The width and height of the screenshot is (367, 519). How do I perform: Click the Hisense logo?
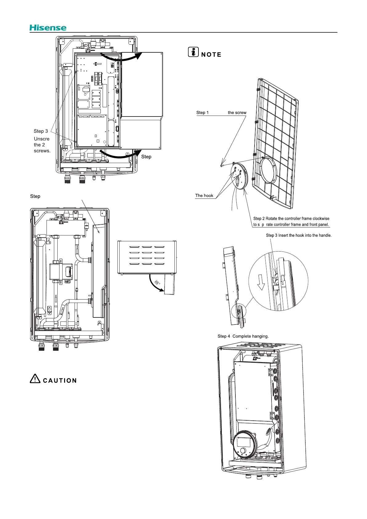click(x=48, y=28)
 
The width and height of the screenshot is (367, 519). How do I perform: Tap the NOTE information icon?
click(x=193, y=52)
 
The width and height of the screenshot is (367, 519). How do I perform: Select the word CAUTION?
click(x=60, y=381)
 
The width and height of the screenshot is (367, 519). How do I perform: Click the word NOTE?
click(x=211, y=55)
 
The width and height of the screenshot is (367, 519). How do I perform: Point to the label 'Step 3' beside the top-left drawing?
click(x=41, y=131)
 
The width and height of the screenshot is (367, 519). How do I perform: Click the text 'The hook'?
click(x=204, y=195)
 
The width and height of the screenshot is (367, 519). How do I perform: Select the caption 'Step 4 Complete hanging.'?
click(x=243, y=336)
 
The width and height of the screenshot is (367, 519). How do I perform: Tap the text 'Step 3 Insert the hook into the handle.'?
click(x=299, y=235)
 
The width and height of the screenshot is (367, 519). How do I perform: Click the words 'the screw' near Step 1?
click(x=237, y=112)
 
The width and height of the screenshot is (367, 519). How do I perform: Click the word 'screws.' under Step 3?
click(x=42, y=151)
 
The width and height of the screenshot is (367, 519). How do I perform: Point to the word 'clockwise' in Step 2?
click(x=320, y=219)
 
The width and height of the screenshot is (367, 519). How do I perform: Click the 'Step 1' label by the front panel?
click(x=202, y=112)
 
